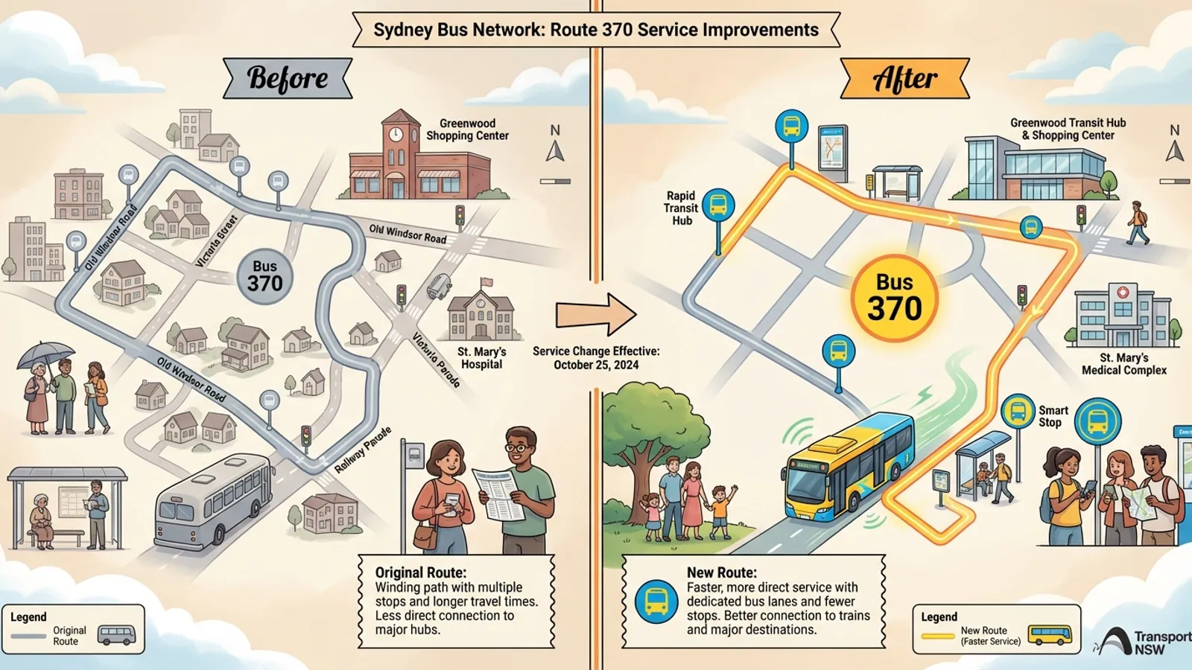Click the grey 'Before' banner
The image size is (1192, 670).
[288, 78]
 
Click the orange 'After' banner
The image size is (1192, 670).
[904, 79]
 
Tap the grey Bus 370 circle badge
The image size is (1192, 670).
[264, 277]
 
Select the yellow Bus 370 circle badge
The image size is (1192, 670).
[894, 298]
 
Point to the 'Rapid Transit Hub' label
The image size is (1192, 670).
[682, 208]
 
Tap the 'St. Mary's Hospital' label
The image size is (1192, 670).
[481, 357]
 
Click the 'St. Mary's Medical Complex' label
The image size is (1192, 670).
[1123, 364]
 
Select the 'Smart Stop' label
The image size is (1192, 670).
[1053, 416]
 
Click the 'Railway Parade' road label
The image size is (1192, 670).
[363, 450]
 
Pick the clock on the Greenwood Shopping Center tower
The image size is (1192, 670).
[396, 134]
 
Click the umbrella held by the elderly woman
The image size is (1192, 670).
[45, 353]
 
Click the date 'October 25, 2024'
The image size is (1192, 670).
[596, 365]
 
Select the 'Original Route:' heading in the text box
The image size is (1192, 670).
[420, 572]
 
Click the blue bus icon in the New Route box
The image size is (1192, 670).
[656, 602]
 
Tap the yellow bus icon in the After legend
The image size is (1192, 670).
[1050, 635]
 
